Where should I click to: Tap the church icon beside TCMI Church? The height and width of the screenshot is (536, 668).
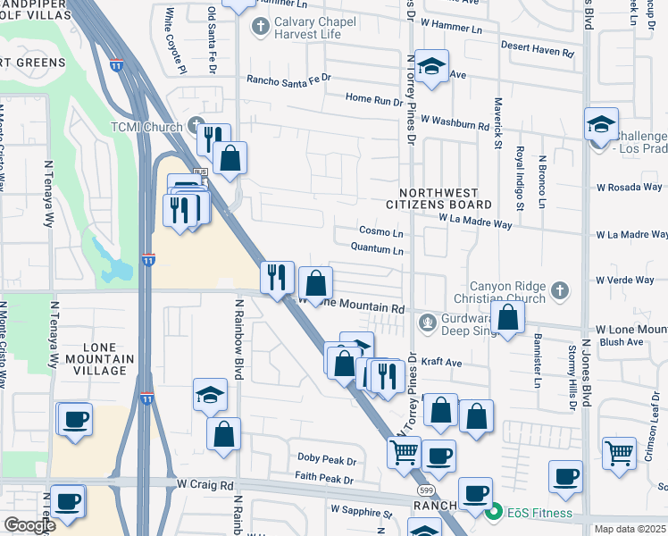197,126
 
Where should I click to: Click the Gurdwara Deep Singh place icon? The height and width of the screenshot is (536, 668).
429,321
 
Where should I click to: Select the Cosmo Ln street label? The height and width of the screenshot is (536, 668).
380,232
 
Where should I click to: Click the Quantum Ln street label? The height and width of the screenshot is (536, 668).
377,250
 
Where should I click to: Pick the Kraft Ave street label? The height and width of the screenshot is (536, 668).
441,363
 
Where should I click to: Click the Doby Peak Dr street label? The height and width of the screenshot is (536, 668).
327,460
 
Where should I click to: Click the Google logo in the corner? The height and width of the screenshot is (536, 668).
29,525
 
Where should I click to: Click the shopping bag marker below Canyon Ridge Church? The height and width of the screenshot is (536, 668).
507,317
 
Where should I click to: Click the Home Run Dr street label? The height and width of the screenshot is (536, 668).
374,101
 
